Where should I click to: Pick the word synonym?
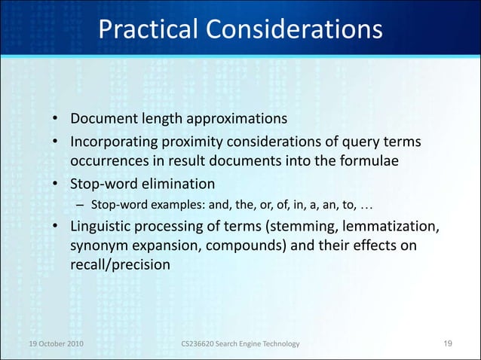pyautogui.click(x=97, y=246)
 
